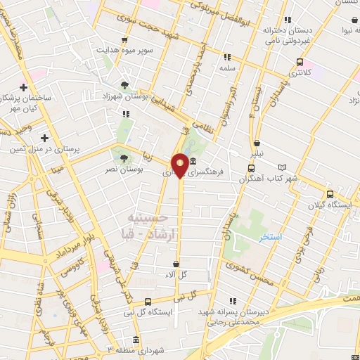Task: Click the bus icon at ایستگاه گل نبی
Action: click(x=147, y=302)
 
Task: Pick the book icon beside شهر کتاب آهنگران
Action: click(x=283, y=167)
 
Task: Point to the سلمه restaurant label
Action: click(x=226, y=69)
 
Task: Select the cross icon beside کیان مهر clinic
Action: click(x=24, y=88)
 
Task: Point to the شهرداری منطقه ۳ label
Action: click(x=141, y=349)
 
